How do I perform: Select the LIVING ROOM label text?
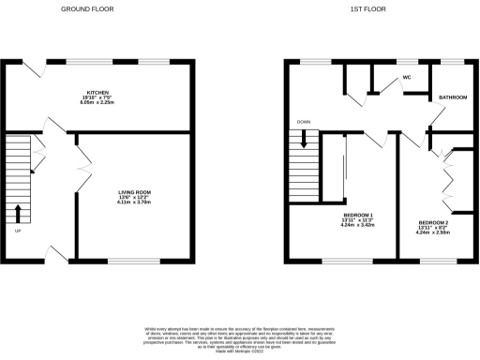pyautogui.click(x=134, y=192)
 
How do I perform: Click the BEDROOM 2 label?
pyautogui.click(x=432, y=223)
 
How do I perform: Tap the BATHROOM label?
pyautogui.click(x=447, y=97)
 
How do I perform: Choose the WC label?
pyautogui.click(x=406, y=78)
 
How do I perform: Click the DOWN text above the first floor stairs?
pyautogui.click(x=303, y=122)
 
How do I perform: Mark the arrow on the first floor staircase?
pyautogui.click(x=304, y=140)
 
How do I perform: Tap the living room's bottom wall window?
pyautogui.click(x=133, y=260)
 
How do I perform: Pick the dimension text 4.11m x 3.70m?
pyautogui.click(x=134, y=203)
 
